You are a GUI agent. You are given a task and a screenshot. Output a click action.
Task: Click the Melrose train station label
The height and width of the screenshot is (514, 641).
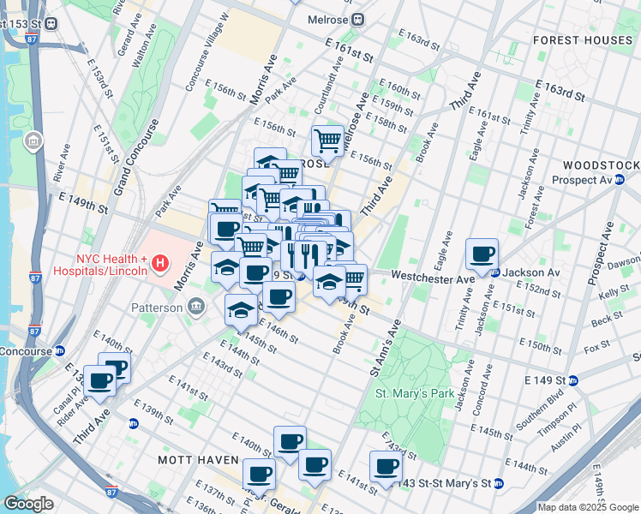[x=329, y=19]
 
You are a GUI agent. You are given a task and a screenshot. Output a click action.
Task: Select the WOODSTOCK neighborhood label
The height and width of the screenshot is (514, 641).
[x=601, y=164]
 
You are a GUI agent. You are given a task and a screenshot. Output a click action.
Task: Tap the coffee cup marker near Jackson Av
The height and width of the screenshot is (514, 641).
[x=482, y=254]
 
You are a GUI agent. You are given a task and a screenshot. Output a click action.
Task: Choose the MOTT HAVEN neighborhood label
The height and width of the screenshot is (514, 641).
[x=191, y=460]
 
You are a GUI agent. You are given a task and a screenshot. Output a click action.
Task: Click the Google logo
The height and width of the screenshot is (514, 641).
[x=28, y=503]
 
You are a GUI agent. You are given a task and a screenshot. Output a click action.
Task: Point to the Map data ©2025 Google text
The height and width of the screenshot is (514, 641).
[x=587, y=507]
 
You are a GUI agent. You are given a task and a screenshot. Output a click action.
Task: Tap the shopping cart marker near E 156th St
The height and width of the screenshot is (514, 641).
[x=327, y=140]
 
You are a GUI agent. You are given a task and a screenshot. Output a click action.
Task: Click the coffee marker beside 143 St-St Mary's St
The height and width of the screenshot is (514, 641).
[x=386, y=467]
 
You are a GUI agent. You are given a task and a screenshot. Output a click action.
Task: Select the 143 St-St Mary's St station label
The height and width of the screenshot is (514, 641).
[x=445, y=483]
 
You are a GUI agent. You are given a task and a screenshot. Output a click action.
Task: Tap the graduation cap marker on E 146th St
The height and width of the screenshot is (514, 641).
[x=242, y=310]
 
